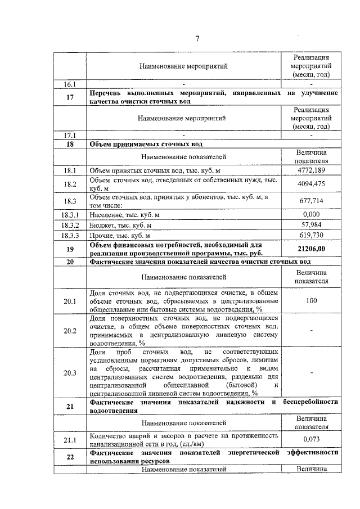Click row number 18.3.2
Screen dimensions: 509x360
(x=70, y=224)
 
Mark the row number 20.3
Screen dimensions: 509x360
(x=70, y=372)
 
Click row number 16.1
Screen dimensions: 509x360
(x=70, y=84)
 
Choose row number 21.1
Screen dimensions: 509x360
(x=70, y=439)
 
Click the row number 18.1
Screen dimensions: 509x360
(x=70, y=169)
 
